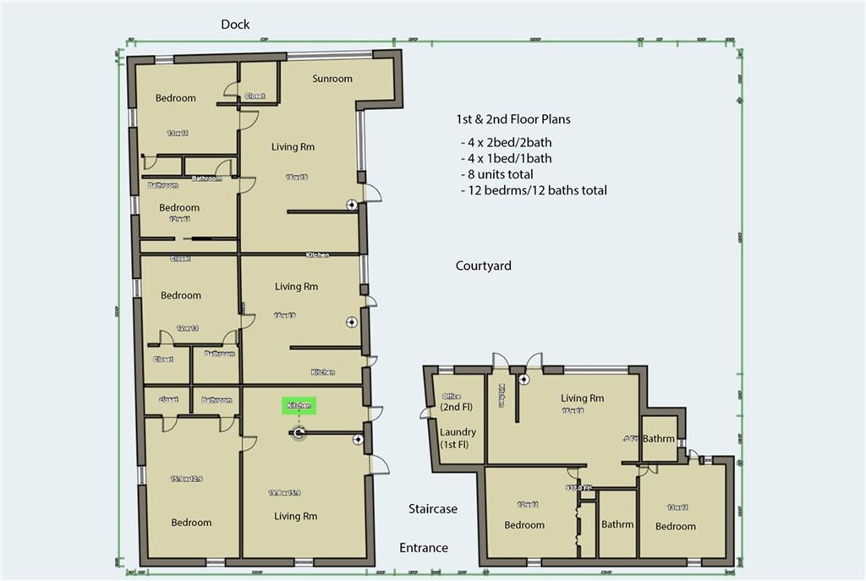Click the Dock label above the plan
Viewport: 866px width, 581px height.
coord(235,25)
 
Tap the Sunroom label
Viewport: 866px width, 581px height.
coord(332,79)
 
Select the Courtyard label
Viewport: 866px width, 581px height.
coord(483,266)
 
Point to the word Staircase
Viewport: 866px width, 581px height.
coord(432,508)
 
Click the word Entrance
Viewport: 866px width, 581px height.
coord(424,548)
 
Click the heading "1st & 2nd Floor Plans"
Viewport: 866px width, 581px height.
coord(513,119)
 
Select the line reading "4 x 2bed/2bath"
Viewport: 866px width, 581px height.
coord(506,142)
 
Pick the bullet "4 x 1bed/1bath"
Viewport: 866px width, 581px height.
coord(506,158)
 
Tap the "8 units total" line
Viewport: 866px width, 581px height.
coord(496,174)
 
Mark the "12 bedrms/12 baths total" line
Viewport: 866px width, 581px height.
coord(533,190)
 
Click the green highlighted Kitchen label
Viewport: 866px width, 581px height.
coord(299,406)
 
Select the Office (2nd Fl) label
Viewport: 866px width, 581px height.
coord(458,402)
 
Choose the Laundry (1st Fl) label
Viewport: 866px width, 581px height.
coord(458,438)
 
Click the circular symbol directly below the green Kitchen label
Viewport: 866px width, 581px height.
coord(299,434)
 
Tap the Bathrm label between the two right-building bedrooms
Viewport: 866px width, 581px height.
coord(617,524)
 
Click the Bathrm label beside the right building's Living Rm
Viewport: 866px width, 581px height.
coord(658,439)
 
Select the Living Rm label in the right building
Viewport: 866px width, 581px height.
coord(584,398)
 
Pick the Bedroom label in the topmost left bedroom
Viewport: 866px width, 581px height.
coord(175,98)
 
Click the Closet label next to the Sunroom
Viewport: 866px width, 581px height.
coord(254,96)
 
